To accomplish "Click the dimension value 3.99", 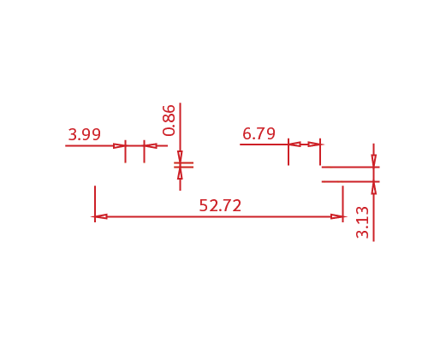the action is pos(85,134).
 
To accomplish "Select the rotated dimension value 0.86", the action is pos(169,121).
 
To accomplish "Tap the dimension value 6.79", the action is pos(259,133).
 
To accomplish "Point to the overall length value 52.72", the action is pos(220,205).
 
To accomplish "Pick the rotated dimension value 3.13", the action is pos(362,222).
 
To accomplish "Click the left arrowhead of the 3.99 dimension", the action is pos(120,146).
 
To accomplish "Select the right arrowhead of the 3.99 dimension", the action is pos(150,146).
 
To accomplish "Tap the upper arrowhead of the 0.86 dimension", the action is pos(180,156).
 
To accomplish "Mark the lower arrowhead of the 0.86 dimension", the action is pos(180,174).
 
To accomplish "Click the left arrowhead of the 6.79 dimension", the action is pos(294,145).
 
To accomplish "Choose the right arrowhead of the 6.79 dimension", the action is pos(314,145).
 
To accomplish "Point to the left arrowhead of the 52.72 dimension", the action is pos(101,217).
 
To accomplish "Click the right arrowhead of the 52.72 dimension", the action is pos(337,217).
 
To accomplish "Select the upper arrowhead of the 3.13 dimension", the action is pos(374,161).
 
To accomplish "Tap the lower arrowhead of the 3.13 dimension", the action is pos(374,188).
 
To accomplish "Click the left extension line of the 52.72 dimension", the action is pos(95,204).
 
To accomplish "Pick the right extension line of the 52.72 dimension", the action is pos(343,204).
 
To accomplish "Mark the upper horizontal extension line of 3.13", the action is pos(351,167).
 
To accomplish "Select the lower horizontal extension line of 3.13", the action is pos(351,181).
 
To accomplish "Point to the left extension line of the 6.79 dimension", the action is pos(288,152).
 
